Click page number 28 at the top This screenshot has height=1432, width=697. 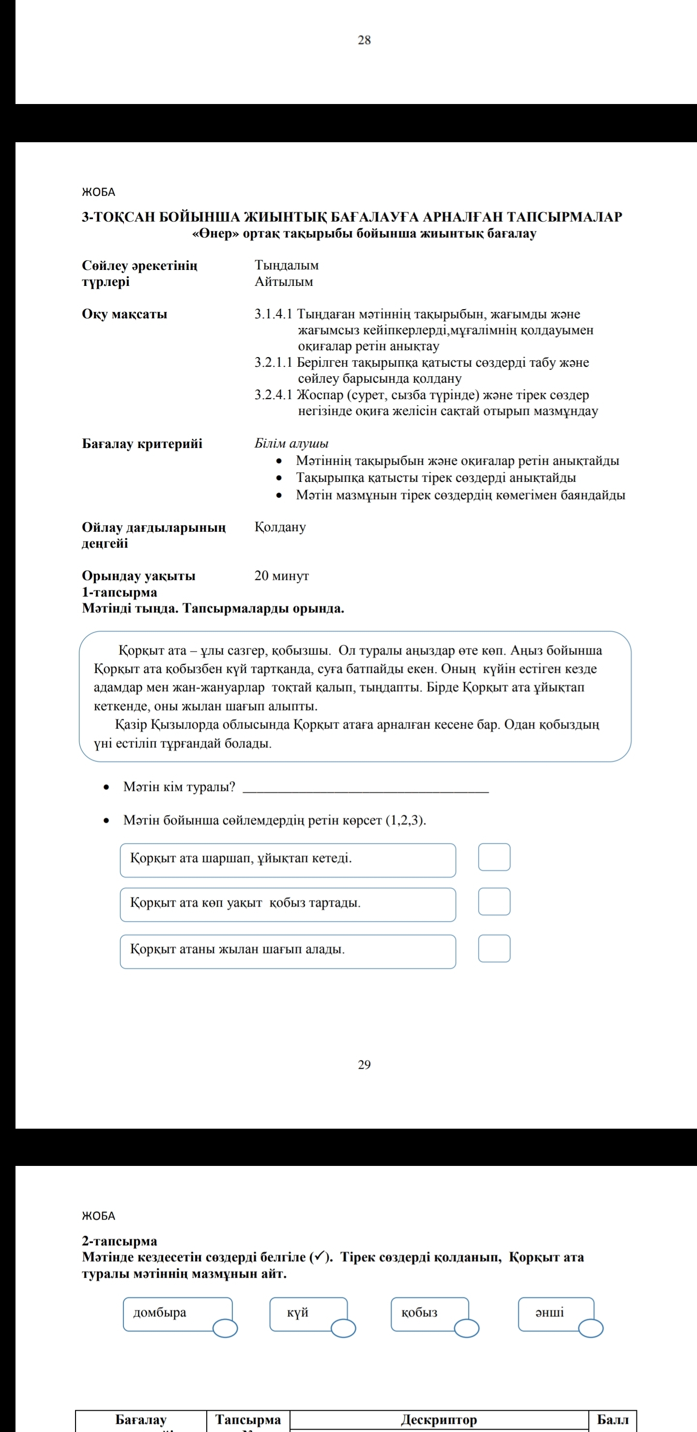click(364, 40)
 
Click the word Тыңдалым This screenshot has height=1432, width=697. click(287, 265)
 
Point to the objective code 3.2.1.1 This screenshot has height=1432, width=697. click(273, 362)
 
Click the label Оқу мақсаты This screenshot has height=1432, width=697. click(124, 314)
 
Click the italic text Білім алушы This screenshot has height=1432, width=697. click(291, 443)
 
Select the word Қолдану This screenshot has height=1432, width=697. click(280, 526)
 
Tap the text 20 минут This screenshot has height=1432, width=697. click(282, 575)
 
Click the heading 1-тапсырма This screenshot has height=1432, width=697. click(120, 592)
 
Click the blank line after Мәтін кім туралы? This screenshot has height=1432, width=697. click(365, 788)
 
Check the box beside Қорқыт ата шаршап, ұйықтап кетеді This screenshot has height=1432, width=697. click(494, 857)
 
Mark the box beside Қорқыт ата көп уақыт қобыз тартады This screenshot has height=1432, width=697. click(494, 902)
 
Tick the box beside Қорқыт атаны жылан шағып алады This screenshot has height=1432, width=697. click(494, 948)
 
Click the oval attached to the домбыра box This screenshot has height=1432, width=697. click(225, 1328)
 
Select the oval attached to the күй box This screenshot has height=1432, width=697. click(343, 1328)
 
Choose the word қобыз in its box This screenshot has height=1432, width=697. click(420, 1313)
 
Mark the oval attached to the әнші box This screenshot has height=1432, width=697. click(591, 1328)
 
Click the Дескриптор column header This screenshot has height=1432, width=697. click(439, 1420)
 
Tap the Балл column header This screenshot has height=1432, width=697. click(612, 1420)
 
